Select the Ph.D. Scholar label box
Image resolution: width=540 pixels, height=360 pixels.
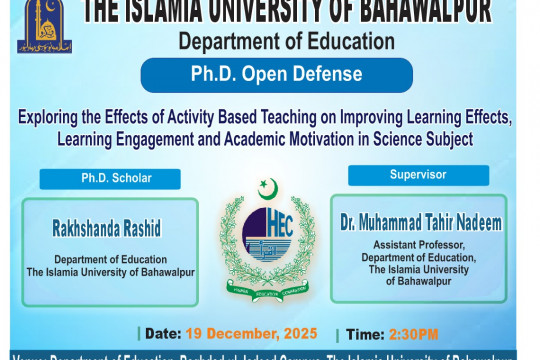pyautogui.click(x=110, y=179)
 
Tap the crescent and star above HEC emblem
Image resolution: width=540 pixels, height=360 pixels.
pyautogui.click(x=268, y=187)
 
